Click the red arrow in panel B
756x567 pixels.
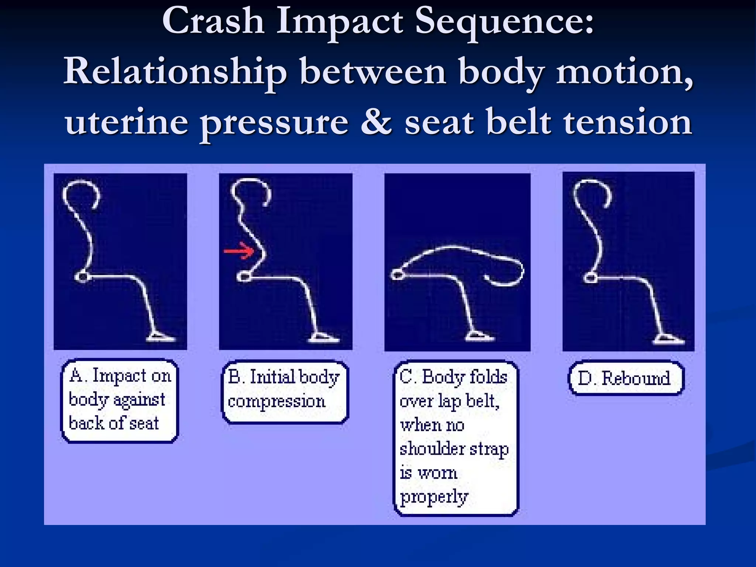coord(239,251)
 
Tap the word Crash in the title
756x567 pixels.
coord(213,21)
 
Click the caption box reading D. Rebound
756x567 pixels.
coord(626,378)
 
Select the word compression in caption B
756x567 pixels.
coord(276,401)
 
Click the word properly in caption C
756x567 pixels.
coord(434,497)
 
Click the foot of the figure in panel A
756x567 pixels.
coord(161,337)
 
